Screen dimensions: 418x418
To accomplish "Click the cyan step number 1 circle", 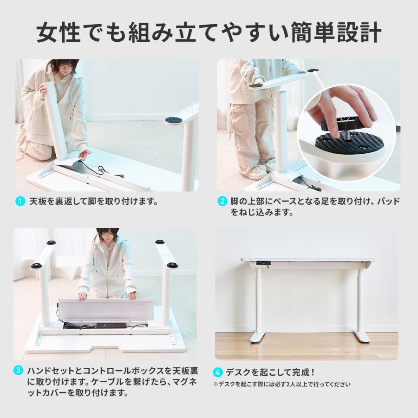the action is coord(20,201).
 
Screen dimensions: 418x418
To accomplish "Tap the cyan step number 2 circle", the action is coord(222,201).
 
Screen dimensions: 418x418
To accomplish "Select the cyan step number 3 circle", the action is coord(18,371).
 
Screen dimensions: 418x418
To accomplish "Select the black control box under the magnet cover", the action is coord(111,326).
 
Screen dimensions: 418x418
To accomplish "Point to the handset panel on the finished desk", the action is coord(262,263).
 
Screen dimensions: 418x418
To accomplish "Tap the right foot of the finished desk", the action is coord(361,338).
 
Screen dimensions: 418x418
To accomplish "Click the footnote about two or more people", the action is coord(281,385).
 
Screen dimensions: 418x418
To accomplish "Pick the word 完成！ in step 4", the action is coord(304,372).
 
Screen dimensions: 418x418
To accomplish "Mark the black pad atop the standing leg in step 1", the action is coord(174,120).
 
